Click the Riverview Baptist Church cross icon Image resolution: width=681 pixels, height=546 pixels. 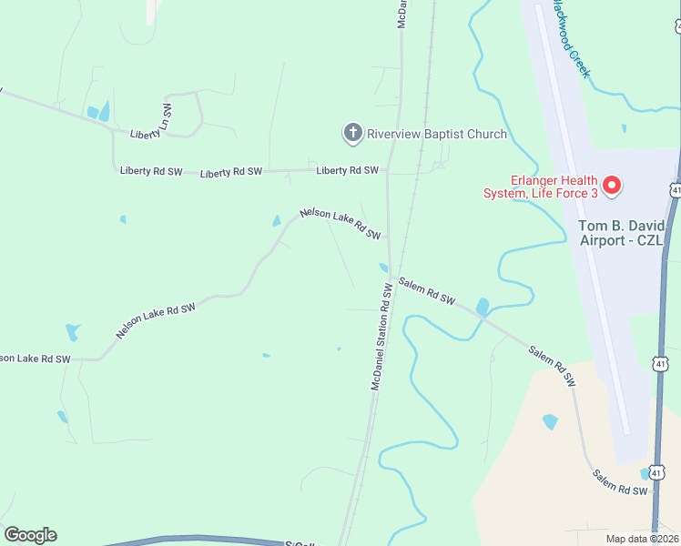coord(352,134)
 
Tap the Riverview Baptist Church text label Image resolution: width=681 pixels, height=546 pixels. coord(436,135)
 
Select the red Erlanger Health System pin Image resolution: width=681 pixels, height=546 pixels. coord(612,186)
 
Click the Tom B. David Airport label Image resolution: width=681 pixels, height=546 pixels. coord(625,232)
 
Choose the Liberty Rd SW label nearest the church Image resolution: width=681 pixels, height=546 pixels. coord(347,170)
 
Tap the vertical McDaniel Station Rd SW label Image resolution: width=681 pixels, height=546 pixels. coord(381,337)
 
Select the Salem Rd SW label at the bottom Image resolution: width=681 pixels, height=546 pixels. coord(619,483)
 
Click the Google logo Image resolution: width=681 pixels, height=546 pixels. coord(30,535)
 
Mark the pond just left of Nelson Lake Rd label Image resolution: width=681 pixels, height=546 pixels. coord(277,220)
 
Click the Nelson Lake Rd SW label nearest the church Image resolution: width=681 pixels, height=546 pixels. coord(340,224)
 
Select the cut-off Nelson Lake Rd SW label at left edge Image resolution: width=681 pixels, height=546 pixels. coord(35,359)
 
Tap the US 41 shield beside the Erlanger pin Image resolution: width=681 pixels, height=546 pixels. coord(675,189)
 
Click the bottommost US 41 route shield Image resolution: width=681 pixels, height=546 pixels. coord(656,473)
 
